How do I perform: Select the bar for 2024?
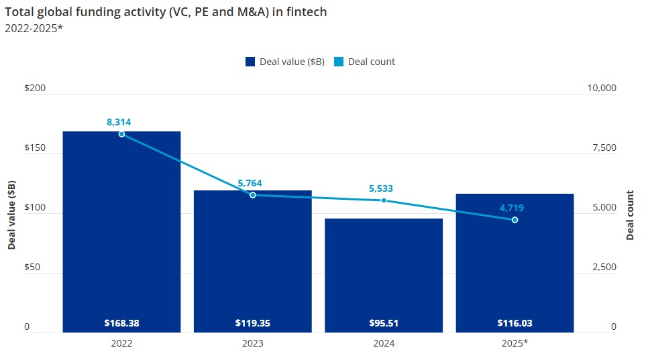point(384,275)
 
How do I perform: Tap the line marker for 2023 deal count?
point(253,195)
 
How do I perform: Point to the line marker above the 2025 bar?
point(515,220)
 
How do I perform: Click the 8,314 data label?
point(119,122)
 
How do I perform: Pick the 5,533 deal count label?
point(381,188)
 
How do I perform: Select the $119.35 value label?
point(253,323)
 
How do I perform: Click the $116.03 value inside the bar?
point(515,323)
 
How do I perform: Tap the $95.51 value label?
point(384,323)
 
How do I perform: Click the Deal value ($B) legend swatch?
point(250,62)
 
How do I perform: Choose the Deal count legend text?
point(371,62)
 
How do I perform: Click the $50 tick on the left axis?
point(32,267)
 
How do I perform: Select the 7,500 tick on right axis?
point(601,148)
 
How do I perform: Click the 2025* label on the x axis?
point(515,343)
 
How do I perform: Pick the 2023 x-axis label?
point(253,343)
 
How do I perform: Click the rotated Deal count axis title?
point(630,215)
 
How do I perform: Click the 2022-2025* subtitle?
point(34,27)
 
